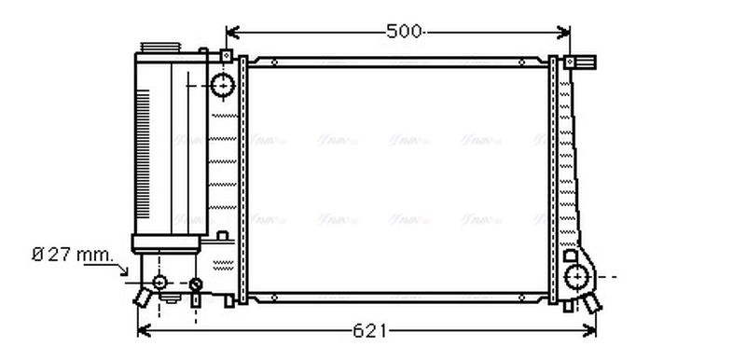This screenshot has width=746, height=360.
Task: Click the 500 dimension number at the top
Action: pos(403,32)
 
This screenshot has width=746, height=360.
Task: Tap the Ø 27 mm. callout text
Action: pos(72,254)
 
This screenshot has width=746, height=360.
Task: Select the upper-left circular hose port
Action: pos(223,85)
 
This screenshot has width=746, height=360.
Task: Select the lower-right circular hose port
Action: pos(578,276)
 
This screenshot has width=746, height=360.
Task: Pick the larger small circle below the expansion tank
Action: pos(159,283)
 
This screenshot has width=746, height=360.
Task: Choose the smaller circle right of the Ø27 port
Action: pos(196,284)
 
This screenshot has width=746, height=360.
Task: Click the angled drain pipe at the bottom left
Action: pos(143,298)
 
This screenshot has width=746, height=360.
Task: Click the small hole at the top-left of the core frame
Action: pos(274,62)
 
